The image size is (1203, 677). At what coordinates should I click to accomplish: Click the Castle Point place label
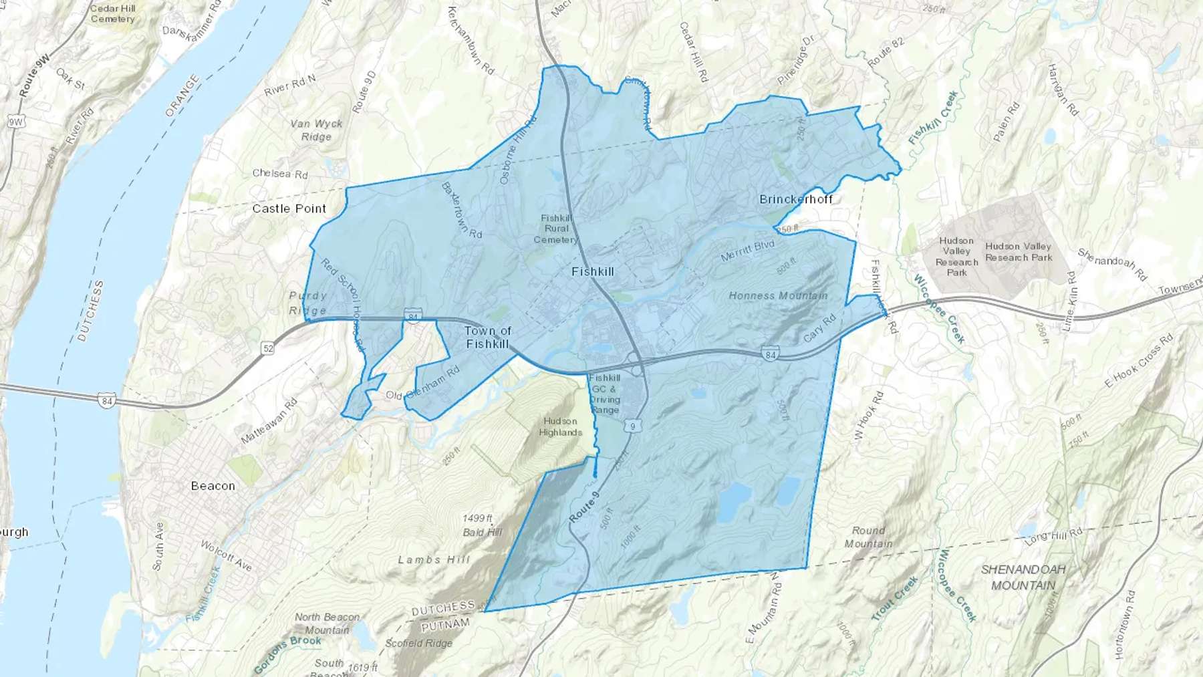[x=289, y=209]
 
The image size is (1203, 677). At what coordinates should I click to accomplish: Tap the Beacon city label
[x=213, y=486]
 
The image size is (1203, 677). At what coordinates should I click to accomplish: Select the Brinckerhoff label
[x=796, y=199]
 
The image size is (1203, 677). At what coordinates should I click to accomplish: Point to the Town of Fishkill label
[x=487, y=337]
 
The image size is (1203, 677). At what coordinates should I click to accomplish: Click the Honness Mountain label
[x=778, y=295]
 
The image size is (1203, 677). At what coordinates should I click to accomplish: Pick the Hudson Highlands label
[x=560, y=426]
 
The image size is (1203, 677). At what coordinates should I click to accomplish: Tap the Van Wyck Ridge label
[x=316, y=130]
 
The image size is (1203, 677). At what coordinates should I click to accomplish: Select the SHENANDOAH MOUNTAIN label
[x=1023, y=577]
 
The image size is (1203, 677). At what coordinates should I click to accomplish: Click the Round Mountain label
[x=868, y=537]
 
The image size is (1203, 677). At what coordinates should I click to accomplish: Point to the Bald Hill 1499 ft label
[x=481, y=525]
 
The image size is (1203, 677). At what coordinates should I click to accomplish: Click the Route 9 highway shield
[x=632, y=426]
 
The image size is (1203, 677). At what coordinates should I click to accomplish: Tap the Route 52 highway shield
[x=268, y=348]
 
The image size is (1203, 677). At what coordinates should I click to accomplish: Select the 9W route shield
[x=15, y=122]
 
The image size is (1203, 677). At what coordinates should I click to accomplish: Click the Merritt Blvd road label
[x=747, y=251]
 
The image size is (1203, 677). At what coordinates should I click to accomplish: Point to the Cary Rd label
[x=819, y=327]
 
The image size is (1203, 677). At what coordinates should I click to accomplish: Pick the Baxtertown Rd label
[x=461, y=209]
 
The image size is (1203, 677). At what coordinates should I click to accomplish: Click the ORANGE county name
[x=182, y=95]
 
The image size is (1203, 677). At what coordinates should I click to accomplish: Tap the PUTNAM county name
[x=445, y=624]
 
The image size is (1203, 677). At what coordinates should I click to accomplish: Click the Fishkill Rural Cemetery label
[x=556, y=229]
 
